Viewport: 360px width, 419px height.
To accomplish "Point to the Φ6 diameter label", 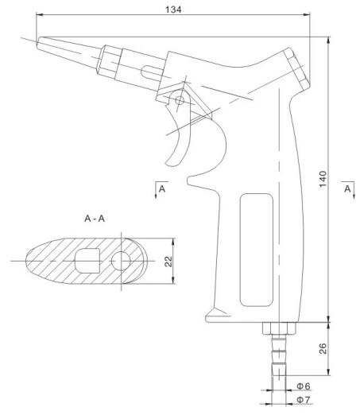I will pos(304,386).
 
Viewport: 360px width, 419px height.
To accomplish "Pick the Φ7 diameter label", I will pos(304,398).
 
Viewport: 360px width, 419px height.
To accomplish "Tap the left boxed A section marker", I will pos(162,188).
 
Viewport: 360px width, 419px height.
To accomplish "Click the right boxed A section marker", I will pos(347,188).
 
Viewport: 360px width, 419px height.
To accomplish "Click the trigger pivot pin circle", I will pos(180,100).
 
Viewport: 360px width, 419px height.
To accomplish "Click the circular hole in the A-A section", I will pos(122,261).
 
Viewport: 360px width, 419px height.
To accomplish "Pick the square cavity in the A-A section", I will pos(88,260).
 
